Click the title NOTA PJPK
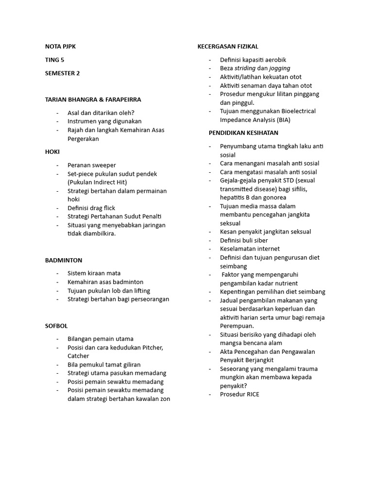pos(61,47)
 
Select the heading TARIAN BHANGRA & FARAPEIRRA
pos(93,99)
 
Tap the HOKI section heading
pos(52,152)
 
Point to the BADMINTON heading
pos(64,261)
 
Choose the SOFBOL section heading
pos(56,326)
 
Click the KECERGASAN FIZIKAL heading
pos(228,47)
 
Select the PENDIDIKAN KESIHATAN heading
pos(243,133)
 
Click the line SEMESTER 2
pos(62,73)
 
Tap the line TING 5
pos(54,60)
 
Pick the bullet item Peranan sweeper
pos(92,165)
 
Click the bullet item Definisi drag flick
pos(91,208)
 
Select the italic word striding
pos(245,68)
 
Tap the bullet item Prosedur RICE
pos(239,395)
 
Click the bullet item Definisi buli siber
pos(244,240)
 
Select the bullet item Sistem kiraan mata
pos(94,273)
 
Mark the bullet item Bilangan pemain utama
pos(101,339)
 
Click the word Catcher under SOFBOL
pos(78,356)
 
